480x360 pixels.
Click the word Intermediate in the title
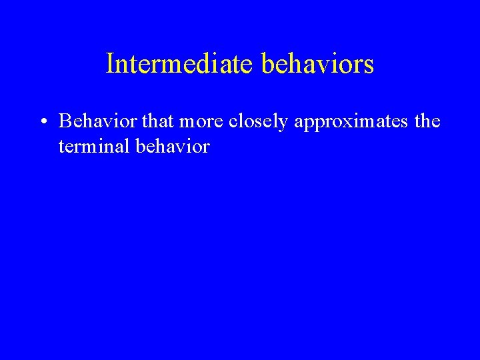(179, 64)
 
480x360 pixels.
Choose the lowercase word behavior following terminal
(171, 146)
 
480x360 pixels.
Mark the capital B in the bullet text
(65, 121)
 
